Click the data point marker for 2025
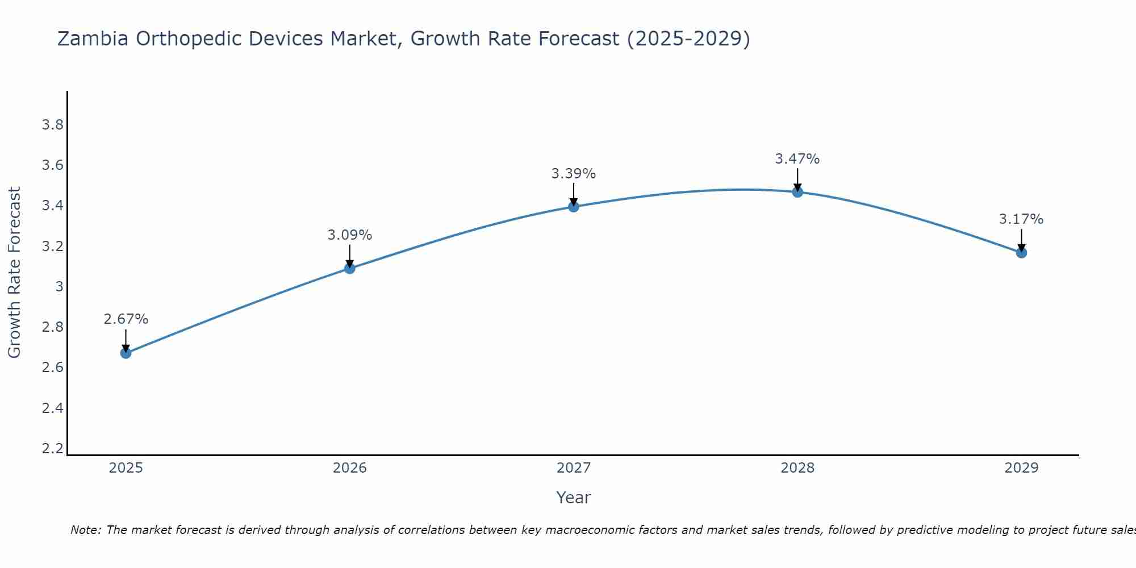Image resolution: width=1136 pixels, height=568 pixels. click(x=126, y=353)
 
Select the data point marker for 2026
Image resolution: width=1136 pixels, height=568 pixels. click(x=350, y=268)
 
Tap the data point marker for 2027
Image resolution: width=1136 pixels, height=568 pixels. click(x=574, y=207)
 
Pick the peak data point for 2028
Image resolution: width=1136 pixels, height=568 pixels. click(x=797, y=192)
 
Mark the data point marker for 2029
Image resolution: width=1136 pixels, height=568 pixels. click(x=1021, y=253)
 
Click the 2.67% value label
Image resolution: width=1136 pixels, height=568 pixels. click(x=126, y=319)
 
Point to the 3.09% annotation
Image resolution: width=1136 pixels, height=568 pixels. click(x=350, y=235)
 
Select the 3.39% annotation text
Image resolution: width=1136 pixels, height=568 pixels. click(x=574, y=174)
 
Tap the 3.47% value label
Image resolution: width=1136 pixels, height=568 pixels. click(x=797, y=159)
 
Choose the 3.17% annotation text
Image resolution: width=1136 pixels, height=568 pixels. click(x=1021, y=219)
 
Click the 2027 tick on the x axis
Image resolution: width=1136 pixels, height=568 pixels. click(x=574, y=468)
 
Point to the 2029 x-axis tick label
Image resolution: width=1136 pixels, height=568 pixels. click(x=1021, y=468)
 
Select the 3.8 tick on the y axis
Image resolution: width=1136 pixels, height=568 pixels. click(x=53, y=125)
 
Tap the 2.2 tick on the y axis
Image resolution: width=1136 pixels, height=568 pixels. click(x=53, y=449)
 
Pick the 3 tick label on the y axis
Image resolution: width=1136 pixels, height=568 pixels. click(x=59, y=287)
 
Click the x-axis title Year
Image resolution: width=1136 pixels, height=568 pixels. click(x=574, y=498)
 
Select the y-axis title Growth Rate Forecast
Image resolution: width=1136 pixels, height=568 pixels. click(x=14, y=273)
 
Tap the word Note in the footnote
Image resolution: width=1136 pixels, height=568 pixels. click(x=85, y=530)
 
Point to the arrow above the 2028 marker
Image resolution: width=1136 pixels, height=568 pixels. click(x=797, y=179)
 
